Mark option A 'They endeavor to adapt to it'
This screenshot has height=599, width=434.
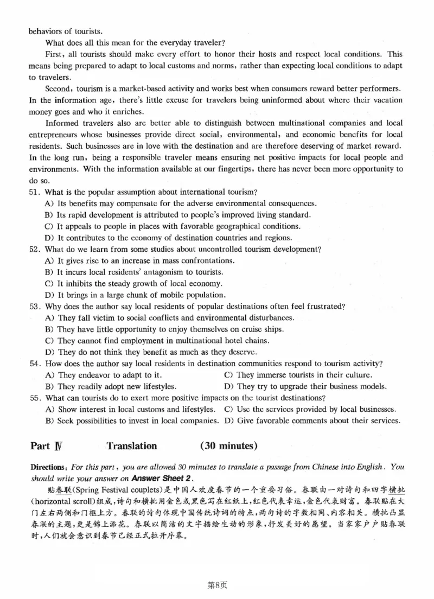(x=103, y=375)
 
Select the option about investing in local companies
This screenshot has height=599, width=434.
(x=130, y=420)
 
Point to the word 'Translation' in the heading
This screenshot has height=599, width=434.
(x=131, y=446)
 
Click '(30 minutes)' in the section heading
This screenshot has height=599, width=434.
(x=228, y=446)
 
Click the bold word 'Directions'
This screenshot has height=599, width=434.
(x=48, y=467)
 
